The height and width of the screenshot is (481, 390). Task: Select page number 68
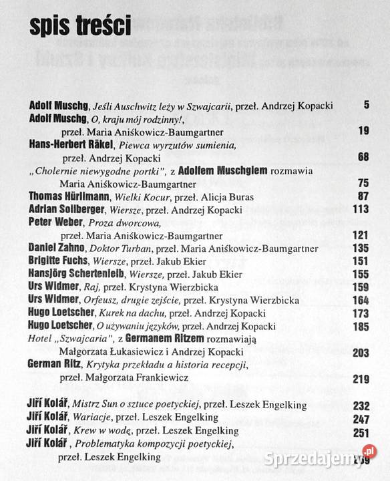363,157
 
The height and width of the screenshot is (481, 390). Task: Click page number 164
361,299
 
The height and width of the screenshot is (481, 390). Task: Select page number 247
361,418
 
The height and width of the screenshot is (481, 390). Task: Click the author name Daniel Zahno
57,248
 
